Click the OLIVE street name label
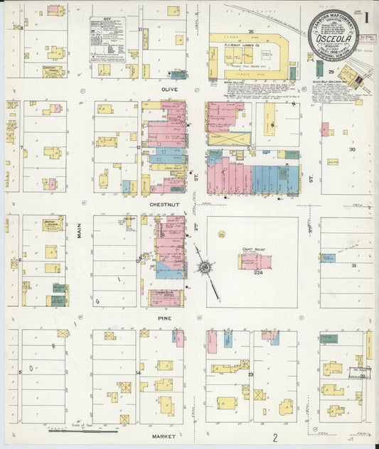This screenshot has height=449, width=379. pyautogui.click(x=169, y=90)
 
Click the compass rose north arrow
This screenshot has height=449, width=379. pyautogui.click(x=205, y=267)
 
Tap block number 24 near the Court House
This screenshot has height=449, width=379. pyautogui.click(x=260, y=272)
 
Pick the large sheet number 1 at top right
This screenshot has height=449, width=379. pyautogui.click(x=367, y=15)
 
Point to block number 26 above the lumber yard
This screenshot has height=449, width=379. pyautogui.click(x=251, y=31)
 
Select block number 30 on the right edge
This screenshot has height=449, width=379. pyautogui.click(x=351, y=149)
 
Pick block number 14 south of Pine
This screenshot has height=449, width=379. pyautogui.click(x=139, y=372)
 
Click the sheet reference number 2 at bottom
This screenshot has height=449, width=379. pyautogui.click(x=274, y=438)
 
